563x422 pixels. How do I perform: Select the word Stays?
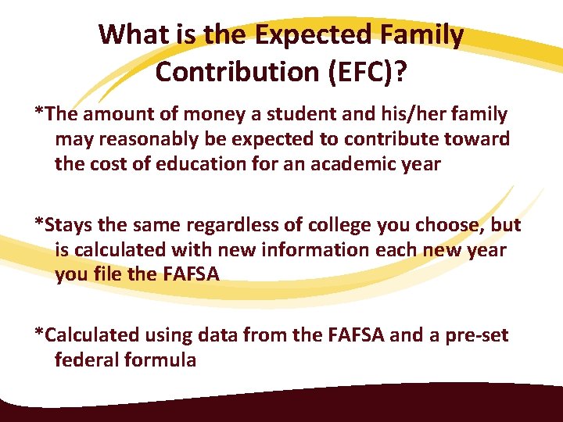68,225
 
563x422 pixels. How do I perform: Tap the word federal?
88,360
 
